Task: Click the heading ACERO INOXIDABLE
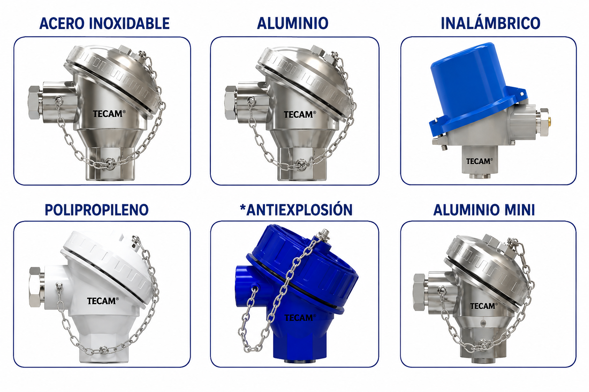tap(104, 24)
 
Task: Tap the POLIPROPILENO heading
tap(97, 210)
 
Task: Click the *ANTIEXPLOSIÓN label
tap(296, 210)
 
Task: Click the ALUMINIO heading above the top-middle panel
tap(293, 23)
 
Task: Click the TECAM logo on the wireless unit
tap(479, 161)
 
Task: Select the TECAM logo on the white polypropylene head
tap(103, 301)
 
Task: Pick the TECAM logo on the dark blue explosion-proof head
tap(300, 317)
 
